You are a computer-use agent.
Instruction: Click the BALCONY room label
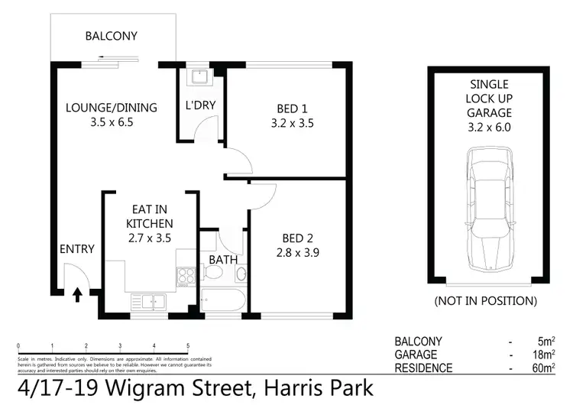(x=112, y=35)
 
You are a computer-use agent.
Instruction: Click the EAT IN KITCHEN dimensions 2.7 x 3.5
(x=150, y=238)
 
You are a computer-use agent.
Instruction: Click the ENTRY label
(x=76, y=249)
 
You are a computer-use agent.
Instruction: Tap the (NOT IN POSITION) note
(x=485, y=301)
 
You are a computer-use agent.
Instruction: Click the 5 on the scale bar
(x=188, y=345)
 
